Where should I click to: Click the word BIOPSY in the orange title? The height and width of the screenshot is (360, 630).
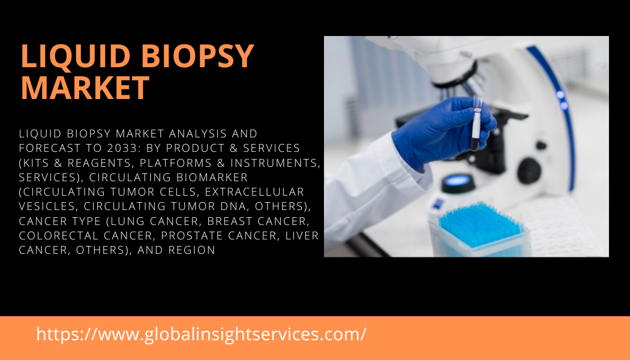(197, 56)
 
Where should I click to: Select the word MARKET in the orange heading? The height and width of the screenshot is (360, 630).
(85, 88)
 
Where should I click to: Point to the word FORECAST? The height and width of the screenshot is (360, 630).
(54, 148)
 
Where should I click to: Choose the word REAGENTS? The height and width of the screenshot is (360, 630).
(100, 163)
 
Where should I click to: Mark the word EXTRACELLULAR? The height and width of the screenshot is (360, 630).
(255, 191)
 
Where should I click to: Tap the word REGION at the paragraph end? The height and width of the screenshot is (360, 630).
(192, 250)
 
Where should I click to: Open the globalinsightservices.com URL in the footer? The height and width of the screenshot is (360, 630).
(201, 334)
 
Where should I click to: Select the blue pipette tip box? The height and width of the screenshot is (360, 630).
(480, 230)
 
